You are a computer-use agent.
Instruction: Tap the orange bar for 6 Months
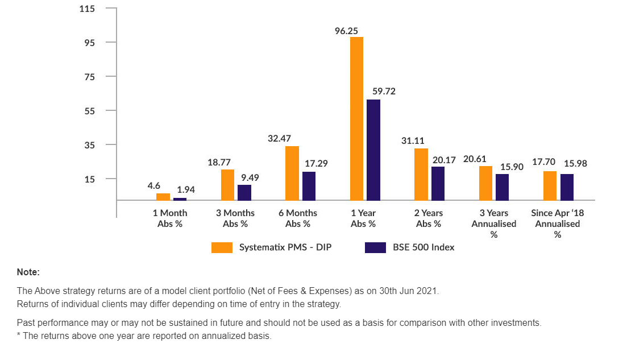(292, 173)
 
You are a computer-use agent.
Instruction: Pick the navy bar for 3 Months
(244, 192)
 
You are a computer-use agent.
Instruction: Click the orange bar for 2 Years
(421, 174)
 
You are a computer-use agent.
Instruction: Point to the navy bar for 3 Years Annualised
(502, 187)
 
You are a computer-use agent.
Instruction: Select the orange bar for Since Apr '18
(550, 185)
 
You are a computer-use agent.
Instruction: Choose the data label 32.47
(280, 138)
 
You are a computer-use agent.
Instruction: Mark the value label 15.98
(575, 163)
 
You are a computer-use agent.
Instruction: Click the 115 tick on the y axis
(88, 9)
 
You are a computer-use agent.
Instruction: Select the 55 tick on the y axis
(89, 110)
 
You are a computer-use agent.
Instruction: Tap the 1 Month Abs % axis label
(169, 218)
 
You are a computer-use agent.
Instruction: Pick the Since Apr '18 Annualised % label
(558, 224)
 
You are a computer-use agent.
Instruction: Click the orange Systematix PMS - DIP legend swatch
(222, 247)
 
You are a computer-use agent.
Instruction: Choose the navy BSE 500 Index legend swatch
(375, 247)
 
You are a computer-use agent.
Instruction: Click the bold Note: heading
(28, 272)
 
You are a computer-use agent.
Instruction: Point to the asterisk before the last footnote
(19, 335)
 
